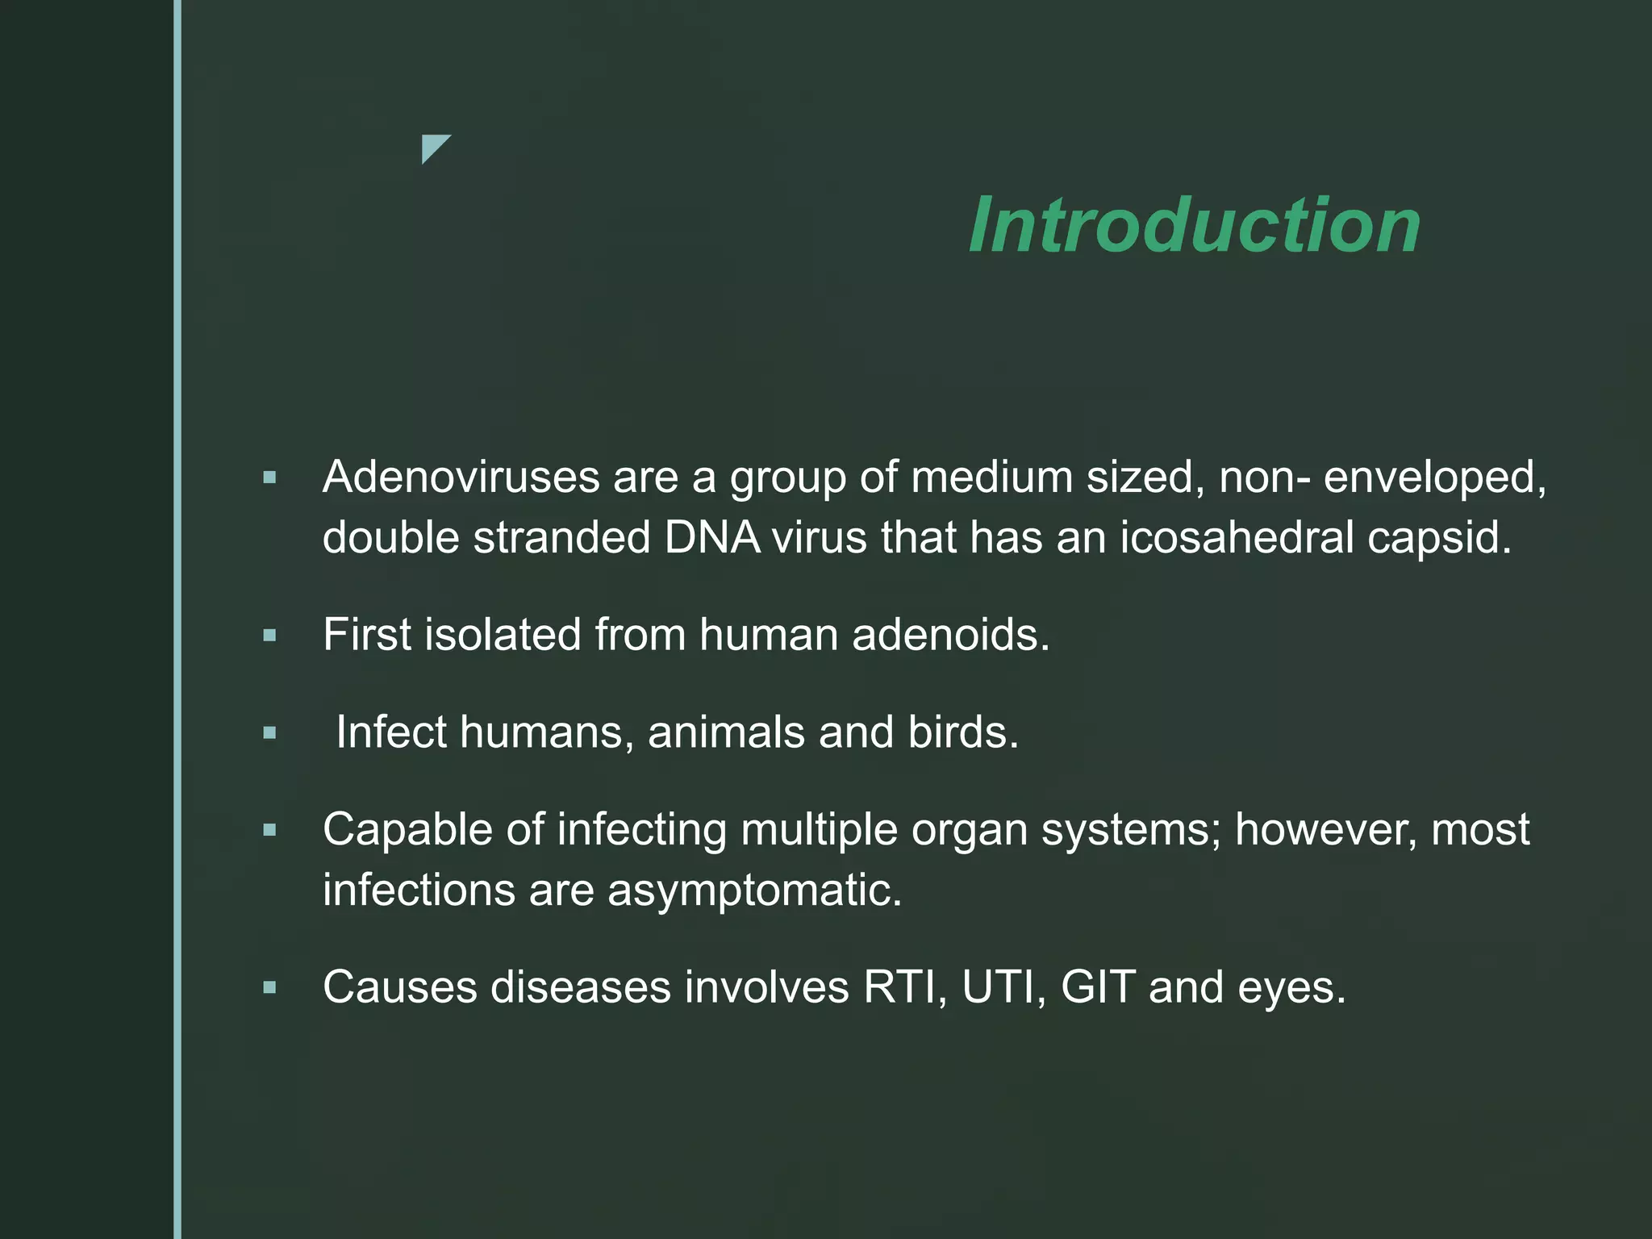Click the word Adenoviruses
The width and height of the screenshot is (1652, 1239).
[461, 477]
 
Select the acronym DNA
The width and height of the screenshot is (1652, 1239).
[712, 537]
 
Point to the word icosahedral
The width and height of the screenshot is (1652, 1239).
[1237, 537]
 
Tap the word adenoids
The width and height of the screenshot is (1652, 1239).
[950, 635]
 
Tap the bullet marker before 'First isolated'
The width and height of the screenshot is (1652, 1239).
[269, 636]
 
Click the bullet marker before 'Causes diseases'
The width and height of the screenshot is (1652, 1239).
[269, 987]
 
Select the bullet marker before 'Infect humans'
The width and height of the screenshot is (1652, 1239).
[269, 733]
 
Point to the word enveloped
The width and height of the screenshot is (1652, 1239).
[1434, 478]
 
